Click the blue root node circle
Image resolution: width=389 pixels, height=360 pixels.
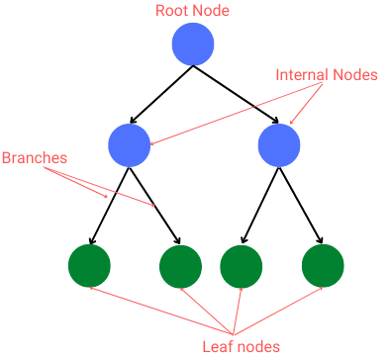[193, 45]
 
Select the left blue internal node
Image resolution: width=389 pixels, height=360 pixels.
[130, 145]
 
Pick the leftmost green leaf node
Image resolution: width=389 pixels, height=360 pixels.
[89, 264]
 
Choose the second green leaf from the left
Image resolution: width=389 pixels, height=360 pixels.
[180, 265]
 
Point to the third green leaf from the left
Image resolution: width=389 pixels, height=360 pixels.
[241, 265]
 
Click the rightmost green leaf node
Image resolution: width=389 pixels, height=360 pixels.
[322, 265]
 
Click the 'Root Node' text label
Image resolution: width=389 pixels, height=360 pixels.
[192, 11]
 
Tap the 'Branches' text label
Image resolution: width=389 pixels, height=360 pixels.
[35, 157]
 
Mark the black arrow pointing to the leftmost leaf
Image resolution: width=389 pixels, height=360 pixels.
[110, 205]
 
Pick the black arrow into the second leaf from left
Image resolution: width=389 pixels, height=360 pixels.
[154, 205]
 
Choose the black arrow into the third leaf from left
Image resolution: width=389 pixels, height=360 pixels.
[260, 205]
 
